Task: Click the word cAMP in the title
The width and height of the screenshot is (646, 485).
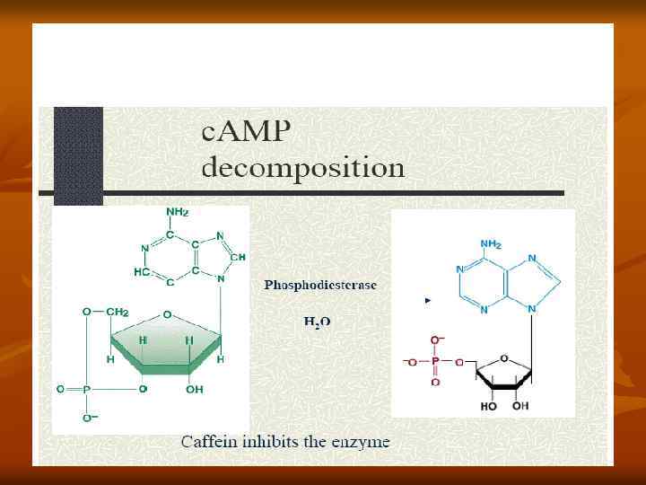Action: click(x=246, y=133)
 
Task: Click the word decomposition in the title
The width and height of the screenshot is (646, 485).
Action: click(x=302, y=167)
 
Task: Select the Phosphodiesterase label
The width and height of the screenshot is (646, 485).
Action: click(x=320, y=285)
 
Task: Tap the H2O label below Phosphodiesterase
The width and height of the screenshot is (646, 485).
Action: click(x=316, y=322)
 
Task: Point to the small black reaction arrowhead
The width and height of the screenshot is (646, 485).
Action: click(x=428, y=301)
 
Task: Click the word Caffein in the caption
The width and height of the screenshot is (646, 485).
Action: click(x=209, y=441)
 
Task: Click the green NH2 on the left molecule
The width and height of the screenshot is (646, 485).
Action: click(x=177, y=212)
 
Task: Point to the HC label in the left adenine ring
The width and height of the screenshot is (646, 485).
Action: click(x=142, y=271)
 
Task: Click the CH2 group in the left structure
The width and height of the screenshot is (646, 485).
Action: click(x=118, y=312)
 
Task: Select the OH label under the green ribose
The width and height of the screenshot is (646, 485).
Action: click(x=196, y=390)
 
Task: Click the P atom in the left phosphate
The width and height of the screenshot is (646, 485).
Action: click(x=86, y=390)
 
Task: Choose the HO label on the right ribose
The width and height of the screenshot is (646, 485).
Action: click(x=489, y=406)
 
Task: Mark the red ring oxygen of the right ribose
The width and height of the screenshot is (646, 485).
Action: click(x=503, y=357)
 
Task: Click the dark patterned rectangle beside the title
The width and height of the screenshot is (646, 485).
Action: click(x=78, y=153)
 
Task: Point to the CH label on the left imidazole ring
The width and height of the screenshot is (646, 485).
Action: click(x=237, y=257)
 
